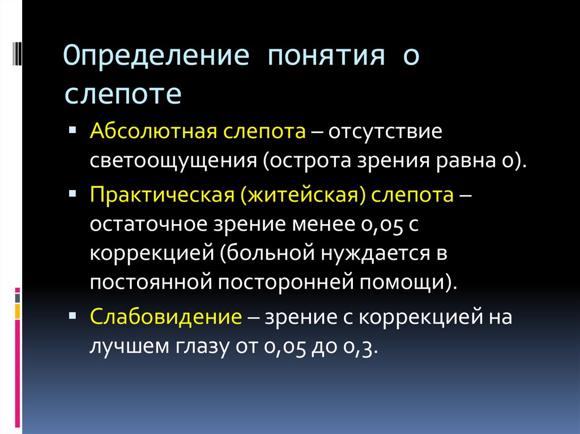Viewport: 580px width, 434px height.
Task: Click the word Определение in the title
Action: click(156, 56)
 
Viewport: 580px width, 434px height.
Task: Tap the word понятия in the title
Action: click(326, 56)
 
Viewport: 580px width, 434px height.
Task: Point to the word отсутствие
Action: click(385, 132)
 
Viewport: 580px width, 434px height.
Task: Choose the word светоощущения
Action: click(173, 161)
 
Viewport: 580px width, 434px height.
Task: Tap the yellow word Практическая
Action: click(163, 195)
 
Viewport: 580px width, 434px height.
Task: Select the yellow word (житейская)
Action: click(303, 195)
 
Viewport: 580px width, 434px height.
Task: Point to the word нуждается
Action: click(376, 254)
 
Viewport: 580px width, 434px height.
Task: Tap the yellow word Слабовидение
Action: click(166, 316)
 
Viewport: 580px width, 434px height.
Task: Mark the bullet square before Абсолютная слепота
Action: click(72, 130)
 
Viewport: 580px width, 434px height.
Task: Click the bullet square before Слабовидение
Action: click(72, 315)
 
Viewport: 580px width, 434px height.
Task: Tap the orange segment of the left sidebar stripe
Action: click(18, 312)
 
